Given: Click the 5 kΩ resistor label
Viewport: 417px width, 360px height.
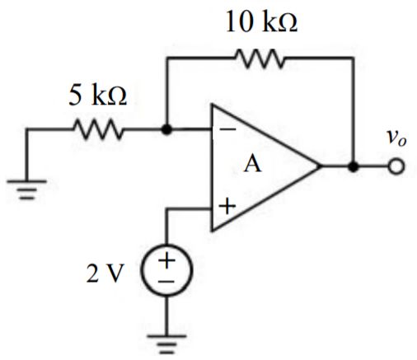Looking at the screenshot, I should click(x=98, y=96).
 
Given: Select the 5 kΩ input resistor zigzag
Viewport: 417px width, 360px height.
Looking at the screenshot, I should click(x=98, y=129).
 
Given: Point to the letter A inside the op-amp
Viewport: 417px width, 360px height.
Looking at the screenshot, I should click(x=252, y=165).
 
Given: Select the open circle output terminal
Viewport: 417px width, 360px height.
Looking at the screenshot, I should click(x=397, y=167).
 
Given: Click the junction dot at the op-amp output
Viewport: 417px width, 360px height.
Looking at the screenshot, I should click(x=354, y=167).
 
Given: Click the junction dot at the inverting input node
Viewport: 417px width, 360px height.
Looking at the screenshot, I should click(x=166, y=129).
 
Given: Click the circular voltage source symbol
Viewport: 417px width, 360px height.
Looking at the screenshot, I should click(x=166, y=273).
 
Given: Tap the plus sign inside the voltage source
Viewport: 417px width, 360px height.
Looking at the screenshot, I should click(x=167, y=263).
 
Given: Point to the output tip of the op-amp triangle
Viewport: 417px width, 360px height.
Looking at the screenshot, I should click(x=321, y=167).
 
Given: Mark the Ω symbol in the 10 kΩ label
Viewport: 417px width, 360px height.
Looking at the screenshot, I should click(x=287, y=23).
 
